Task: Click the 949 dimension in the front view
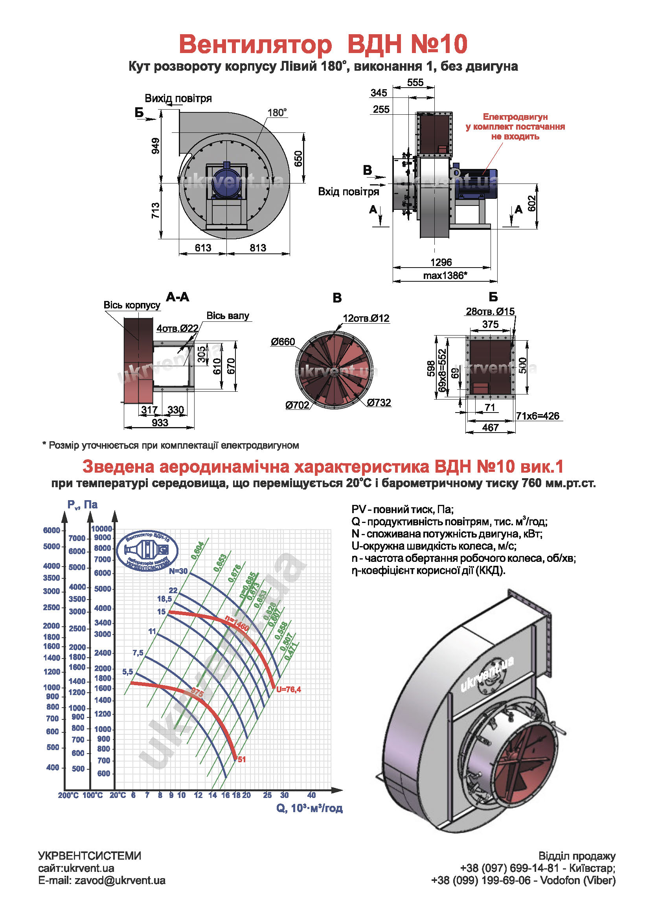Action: point(155,146)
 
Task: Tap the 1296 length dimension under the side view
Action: point(441,262)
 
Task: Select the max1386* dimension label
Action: point(445,275)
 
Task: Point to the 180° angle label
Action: point(277,112)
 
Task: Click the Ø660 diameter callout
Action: point(283,341)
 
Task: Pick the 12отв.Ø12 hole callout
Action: point(366,318)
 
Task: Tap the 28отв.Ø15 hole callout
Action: point(490,312)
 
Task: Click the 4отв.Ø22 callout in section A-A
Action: point(177,328)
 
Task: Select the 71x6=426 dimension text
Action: point(537,416)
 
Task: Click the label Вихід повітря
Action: point(178,99)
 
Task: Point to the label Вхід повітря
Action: point(348,192)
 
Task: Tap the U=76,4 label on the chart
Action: point(288,689)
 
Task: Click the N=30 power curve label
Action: point(178,571)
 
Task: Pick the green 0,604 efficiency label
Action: point(197,550)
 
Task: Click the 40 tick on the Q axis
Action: point(311,795)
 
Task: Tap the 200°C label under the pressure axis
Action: point(68,795)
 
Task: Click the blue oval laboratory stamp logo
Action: point(147,551)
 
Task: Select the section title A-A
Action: point(177,297)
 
